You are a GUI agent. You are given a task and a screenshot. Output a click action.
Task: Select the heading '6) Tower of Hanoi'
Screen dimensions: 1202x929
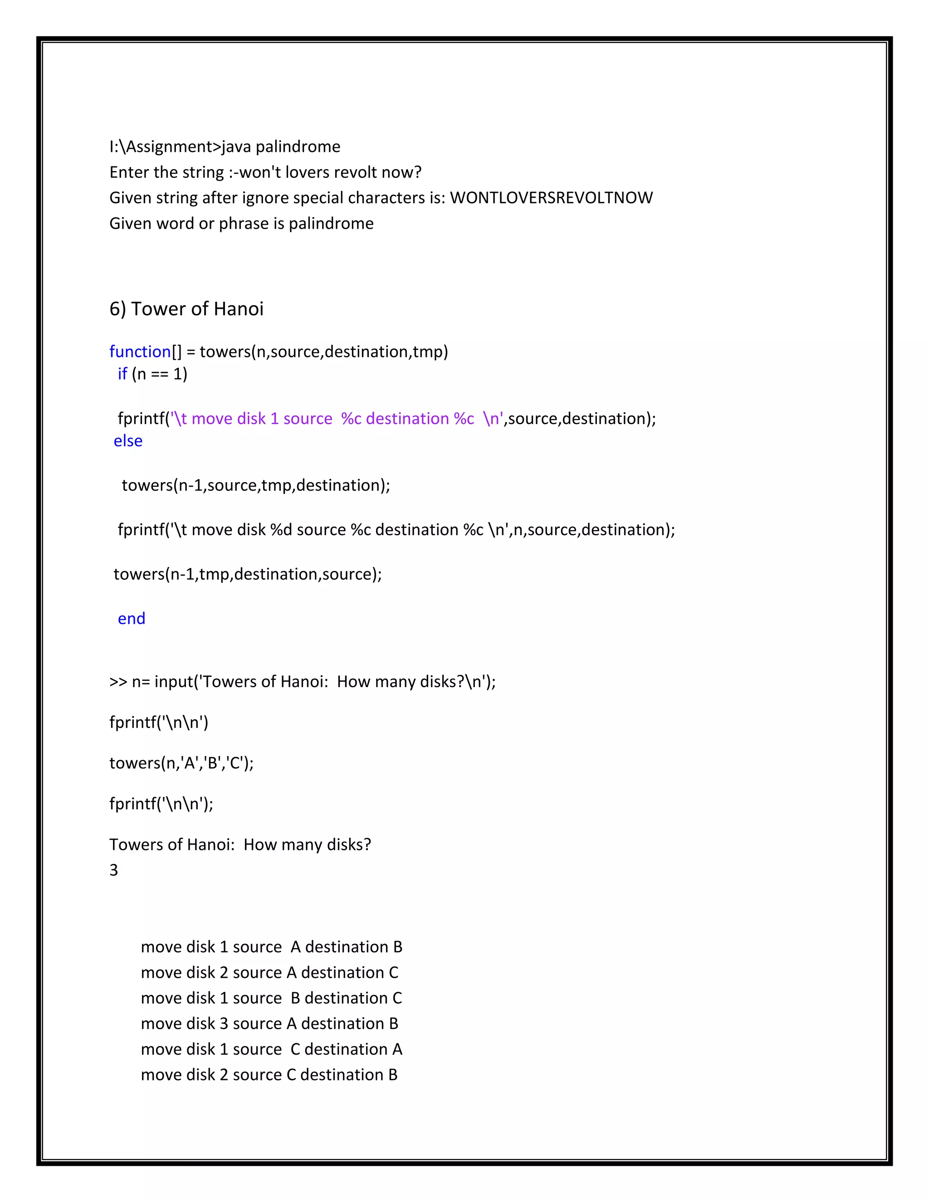pos(186,309)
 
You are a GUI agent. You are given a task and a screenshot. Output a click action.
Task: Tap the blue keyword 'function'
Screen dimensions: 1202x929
pos(140,352)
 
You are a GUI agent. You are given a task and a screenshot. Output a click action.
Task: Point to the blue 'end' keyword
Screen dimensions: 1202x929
pos(132,619)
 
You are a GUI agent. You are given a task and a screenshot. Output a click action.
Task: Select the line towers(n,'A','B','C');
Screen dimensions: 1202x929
pos(181,763)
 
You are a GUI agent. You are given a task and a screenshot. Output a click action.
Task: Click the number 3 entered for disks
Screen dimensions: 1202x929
pos(114,870)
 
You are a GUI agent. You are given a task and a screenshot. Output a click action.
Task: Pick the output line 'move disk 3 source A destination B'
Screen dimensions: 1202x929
pos(269,1024)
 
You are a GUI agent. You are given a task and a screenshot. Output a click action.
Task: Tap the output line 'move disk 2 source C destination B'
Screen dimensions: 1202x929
pos(269,1075)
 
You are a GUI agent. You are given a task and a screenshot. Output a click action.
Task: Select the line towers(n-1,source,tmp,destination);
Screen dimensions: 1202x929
pos(255,485)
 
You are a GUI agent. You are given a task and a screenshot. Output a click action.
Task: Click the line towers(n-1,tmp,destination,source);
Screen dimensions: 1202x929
pos(247,574)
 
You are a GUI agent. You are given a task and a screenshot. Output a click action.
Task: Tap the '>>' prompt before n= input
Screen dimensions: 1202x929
pos(118,682)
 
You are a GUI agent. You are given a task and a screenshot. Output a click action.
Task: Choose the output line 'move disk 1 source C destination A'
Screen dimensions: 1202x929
pos(271,1049)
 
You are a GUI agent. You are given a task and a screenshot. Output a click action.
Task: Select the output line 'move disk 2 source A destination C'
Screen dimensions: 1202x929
pos(269,972)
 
